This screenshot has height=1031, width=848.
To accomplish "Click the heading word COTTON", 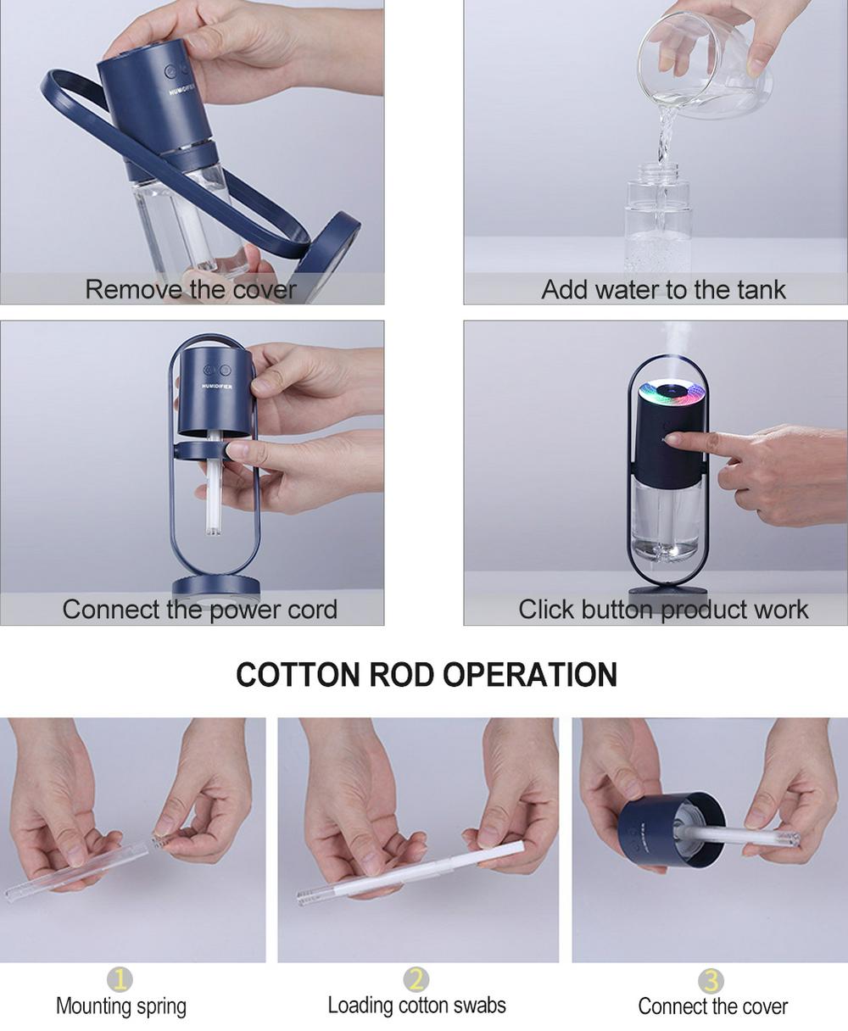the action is (x=298, y=675).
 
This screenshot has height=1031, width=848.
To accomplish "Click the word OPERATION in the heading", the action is (x=530, y=675).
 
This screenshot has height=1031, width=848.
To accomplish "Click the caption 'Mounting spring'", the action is (x=121, y=1006).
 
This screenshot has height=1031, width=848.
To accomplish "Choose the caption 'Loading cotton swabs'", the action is (x=416, y=1005).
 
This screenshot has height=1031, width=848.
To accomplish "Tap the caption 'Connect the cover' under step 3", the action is (x=712, y=1006).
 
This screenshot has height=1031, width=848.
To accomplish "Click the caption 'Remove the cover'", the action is (x=191, y=289).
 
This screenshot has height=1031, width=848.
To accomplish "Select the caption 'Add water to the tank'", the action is (x=663, y=289).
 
